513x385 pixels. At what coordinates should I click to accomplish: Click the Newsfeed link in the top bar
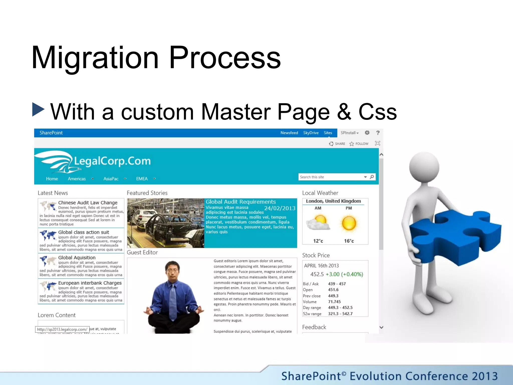pos(289,133)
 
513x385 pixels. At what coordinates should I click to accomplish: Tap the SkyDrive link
pos(311,133)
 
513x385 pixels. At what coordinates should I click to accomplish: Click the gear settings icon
pos(367,133)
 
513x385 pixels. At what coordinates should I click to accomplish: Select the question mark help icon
pos(378,133)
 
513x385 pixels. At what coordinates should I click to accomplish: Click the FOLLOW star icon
pos(352,144)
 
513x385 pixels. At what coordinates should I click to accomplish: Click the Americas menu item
pos(77,179)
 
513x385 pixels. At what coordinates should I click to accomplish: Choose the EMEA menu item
pos(142,179)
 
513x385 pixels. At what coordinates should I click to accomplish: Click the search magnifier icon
pos(372,177)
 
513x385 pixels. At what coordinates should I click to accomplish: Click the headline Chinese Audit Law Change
pos(88,203)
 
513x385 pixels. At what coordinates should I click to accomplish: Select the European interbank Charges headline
pos(90,283)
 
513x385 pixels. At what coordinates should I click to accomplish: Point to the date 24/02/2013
pos(280,208)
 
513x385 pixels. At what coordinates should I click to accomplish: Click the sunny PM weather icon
pos(349,223)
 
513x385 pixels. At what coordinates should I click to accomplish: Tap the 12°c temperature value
pos(318,241)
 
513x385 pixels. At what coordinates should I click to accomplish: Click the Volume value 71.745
pos(334,302)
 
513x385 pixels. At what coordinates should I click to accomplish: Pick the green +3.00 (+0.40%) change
pos(344,274)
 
